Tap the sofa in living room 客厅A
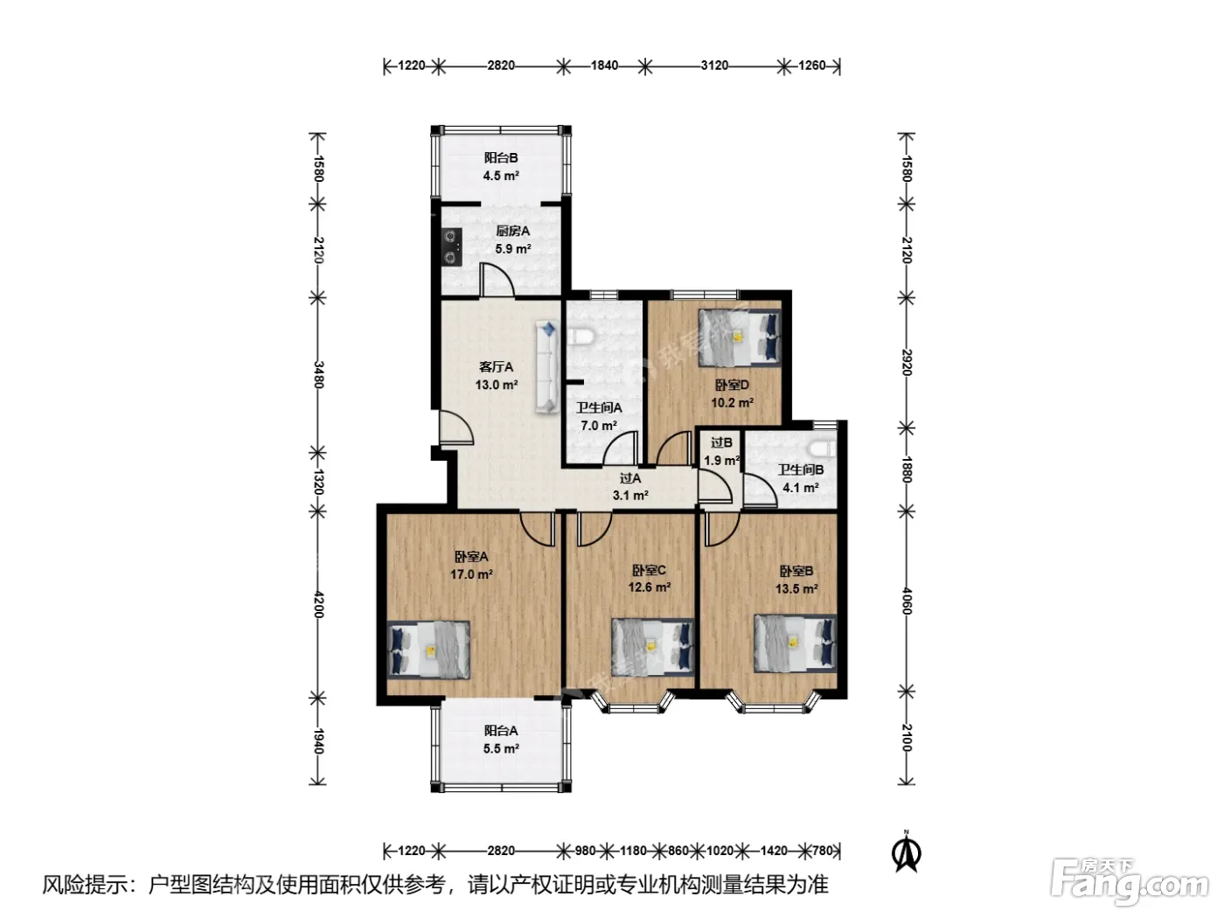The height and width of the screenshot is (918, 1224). pyautogui.click(x=547, y=366)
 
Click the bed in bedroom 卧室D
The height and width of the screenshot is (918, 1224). pyautogui.click(x=740, y=337)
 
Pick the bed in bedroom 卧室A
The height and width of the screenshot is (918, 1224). pyautogui.click(x=428, y=650)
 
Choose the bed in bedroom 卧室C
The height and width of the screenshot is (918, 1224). pyautogui.click(x=653, y=646)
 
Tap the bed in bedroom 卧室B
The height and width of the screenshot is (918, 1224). pyautogui.click(x=796, y=643)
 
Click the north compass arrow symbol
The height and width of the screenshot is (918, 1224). pyautogui.click(x=906, y=851)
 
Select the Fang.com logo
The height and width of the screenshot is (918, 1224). pyautogui.click(x=1130, y=881)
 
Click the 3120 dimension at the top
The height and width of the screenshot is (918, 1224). pyautogui.click(x=714, y=66)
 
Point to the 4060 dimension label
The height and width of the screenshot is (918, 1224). pyautogui.click(x=907, y=602)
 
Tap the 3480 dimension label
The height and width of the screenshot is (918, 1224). pyautogui.click(x=318, y=374)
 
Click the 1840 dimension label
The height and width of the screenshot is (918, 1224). pyautogui.click(x=604, y=66)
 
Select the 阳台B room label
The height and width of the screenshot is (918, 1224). pyautogui.click(x=501, y=158)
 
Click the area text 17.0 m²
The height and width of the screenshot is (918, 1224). pyautogui.click(x=471, y=574)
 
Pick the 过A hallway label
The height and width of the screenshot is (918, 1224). pyautogui.click(x=630, y=478)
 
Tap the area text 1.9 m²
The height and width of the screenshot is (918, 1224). pyautogui.click(x=721, y=461)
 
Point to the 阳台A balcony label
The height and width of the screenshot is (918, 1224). pyautogui.click(x=501, y=731)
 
